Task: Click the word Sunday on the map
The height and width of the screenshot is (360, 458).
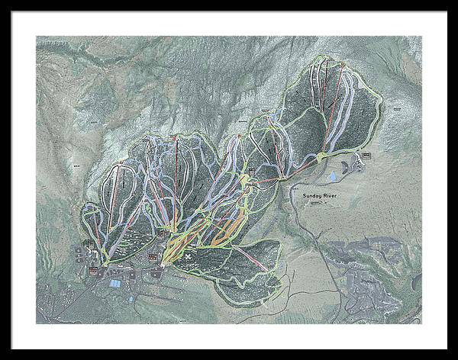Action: [x=312, y=196]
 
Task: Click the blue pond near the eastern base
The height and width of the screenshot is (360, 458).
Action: [x=332, y=177]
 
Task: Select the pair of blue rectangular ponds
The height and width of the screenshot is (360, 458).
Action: [x=114, y=284]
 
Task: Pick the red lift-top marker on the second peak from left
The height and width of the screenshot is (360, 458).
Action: [x=175, y=138]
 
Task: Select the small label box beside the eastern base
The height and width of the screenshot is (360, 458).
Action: [x=366, y=156]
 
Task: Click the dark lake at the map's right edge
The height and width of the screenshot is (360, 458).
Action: [x=416, y=283]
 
